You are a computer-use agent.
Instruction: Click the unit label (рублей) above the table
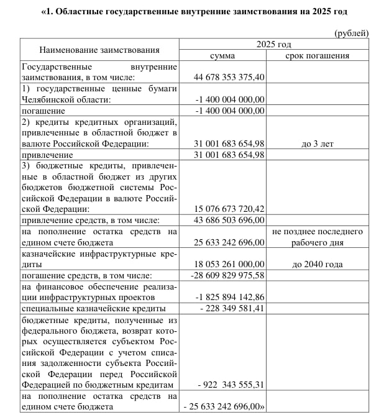click(351, 32)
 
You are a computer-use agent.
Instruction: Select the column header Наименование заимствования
click(99, 50)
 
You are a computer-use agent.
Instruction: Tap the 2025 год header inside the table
click(273, 44)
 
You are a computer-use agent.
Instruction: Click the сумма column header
click(222, 55)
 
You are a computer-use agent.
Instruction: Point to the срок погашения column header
click(318, 55)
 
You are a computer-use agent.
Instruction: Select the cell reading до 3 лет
click(318, 144)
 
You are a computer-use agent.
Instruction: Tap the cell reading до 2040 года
click(318, 264)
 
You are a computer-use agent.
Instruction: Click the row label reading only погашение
click(43, 111)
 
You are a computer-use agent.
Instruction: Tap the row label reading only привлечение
click(47, 155)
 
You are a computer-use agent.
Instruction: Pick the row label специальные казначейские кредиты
click(93, 308)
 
